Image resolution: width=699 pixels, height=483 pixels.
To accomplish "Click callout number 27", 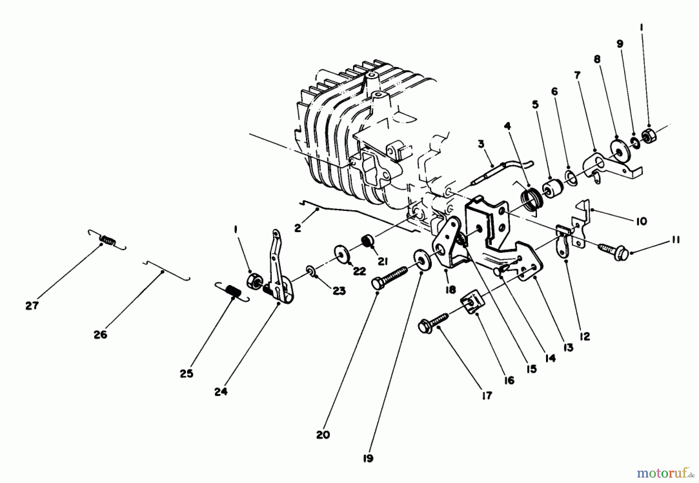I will (x=32, y=306).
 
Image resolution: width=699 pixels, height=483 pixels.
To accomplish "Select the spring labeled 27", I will (x=107, y=240).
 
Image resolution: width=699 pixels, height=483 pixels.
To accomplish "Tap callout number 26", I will (x=100, y=334).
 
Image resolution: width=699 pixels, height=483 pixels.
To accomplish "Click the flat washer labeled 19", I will (x=421, y=260).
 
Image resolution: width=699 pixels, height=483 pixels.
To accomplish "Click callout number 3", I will (x=481, y=144).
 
